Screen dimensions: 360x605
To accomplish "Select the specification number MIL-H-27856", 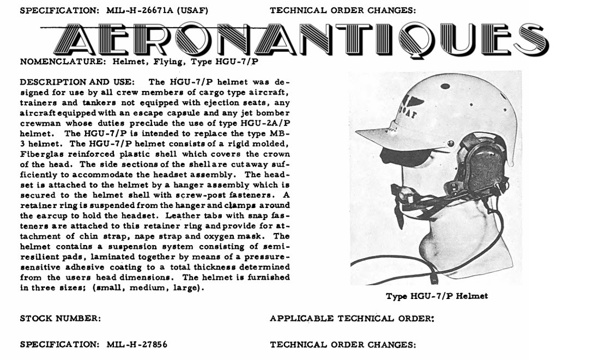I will click(x=137, y=345).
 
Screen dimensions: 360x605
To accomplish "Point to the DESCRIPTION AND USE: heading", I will click(x=77, y=82).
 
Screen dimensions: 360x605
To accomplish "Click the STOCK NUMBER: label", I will click(x=60, y=319).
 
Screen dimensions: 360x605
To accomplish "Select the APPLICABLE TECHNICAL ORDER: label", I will click(x=352, y=319).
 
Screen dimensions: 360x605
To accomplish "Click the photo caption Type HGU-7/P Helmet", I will click(x=437, y=296).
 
